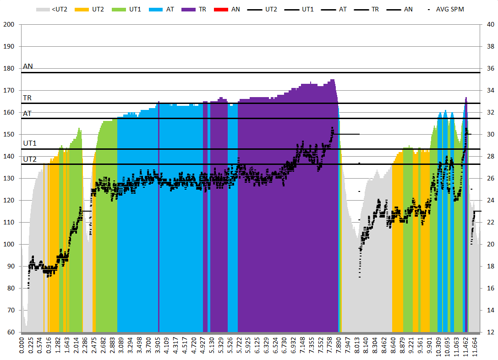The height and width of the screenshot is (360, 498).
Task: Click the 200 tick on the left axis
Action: pyautogui.click(x=9, y=24)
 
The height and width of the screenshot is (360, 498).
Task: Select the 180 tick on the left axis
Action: pyautogui.click(x=9, y=68)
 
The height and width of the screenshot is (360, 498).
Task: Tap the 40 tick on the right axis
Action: pyautogui.click(x=488, y=24)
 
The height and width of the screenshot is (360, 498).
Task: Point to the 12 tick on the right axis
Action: pyautogui.click(x=488, y=332)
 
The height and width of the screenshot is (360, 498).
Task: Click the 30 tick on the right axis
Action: pyautogui.click(x=488, y=134)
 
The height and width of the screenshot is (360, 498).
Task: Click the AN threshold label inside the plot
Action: pyautogui.click(x=28, y=66)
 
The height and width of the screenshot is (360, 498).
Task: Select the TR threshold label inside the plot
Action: pyautogui.click(x=27, y=98)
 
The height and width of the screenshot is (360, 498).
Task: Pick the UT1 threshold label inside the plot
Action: pyautogui.click(x=30, y=143)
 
